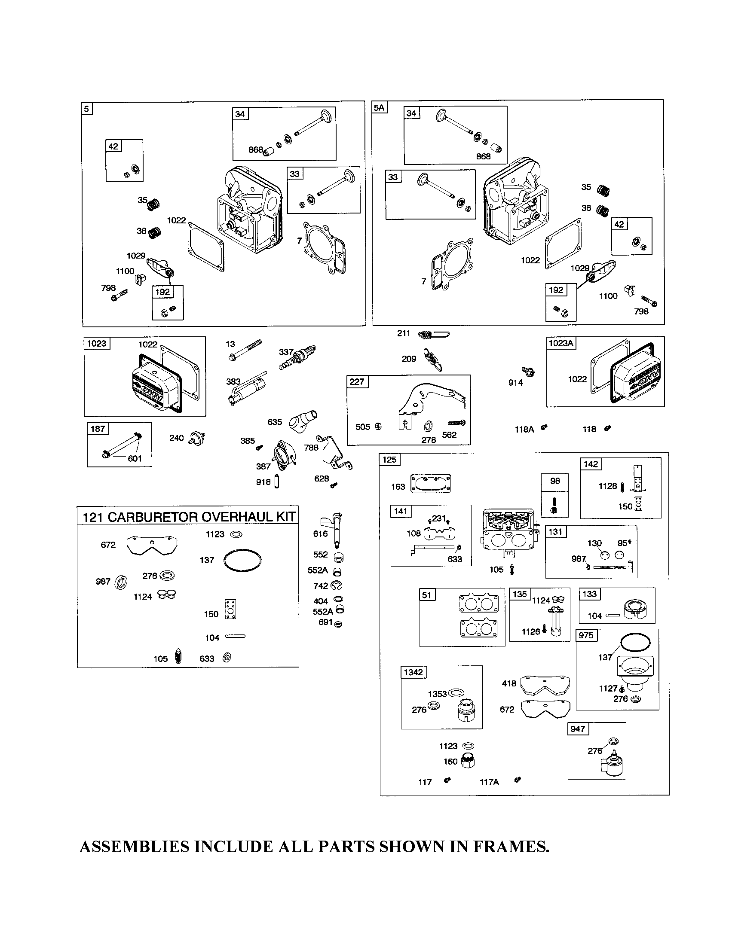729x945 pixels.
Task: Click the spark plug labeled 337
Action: pyautogui.click(x=297, y=357)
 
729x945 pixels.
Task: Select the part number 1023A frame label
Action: pyautogui.click(x=561, y=343)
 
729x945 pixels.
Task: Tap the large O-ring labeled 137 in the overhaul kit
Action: pyautogui.click(x=242, y=562)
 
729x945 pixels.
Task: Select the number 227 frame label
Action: pyautogui.click(x=357, y=381)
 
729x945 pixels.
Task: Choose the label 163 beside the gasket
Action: pyautogui.click(x=398, y=486)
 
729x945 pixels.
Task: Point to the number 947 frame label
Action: pyautogui.click(x=578, y=729)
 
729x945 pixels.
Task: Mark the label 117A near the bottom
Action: pyautogui.click(x=489, y=782)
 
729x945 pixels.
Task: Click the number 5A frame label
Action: pyautogui.click(x=379, y=107)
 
